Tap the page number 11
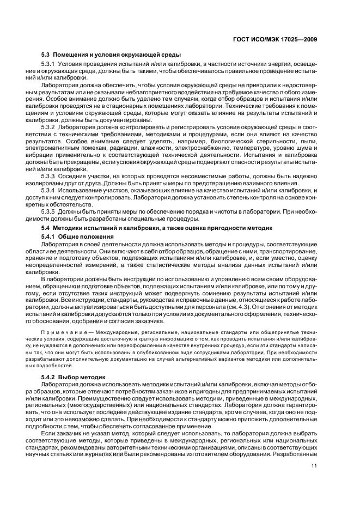click(314, 450)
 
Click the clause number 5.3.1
click(50, 65)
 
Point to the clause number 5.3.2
click(50, 127)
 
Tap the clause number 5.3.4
click(50, 191)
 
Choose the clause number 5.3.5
click(50, 212)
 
